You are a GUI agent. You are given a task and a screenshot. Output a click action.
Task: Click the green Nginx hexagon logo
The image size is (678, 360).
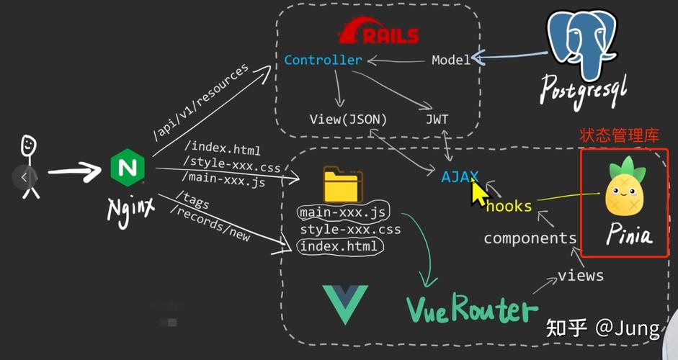click(x=128, y=168)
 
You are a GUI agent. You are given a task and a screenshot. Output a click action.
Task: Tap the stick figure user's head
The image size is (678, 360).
click(x=28, y=146)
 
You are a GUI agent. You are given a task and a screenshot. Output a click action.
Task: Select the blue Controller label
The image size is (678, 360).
click(x=323, y=60)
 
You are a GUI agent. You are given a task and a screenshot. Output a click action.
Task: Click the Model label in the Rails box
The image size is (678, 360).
click(x=450, y=60)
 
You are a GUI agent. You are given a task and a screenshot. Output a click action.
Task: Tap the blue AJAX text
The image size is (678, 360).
click(x=460, y=175)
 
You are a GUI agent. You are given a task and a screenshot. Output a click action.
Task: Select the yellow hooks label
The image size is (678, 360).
click(x=509, y=207)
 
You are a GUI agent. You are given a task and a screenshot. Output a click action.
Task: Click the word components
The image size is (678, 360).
click(x=530, y=238)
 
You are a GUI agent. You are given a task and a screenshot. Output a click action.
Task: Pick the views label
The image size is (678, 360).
click(x=581, y=275)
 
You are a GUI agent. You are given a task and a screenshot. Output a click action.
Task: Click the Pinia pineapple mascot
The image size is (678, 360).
click(x=624, y=187)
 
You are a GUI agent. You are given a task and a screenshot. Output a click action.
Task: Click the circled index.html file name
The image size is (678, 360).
click(x=339, y=246)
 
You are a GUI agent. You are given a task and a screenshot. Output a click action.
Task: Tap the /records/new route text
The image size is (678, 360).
click(x=210, y=222)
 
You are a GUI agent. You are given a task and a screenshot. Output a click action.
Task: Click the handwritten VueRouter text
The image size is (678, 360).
click(x=472, y=310)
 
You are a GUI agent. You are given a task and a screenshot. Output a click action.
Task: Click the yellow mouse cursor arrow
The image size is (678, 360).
click(x=478, y=193)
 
